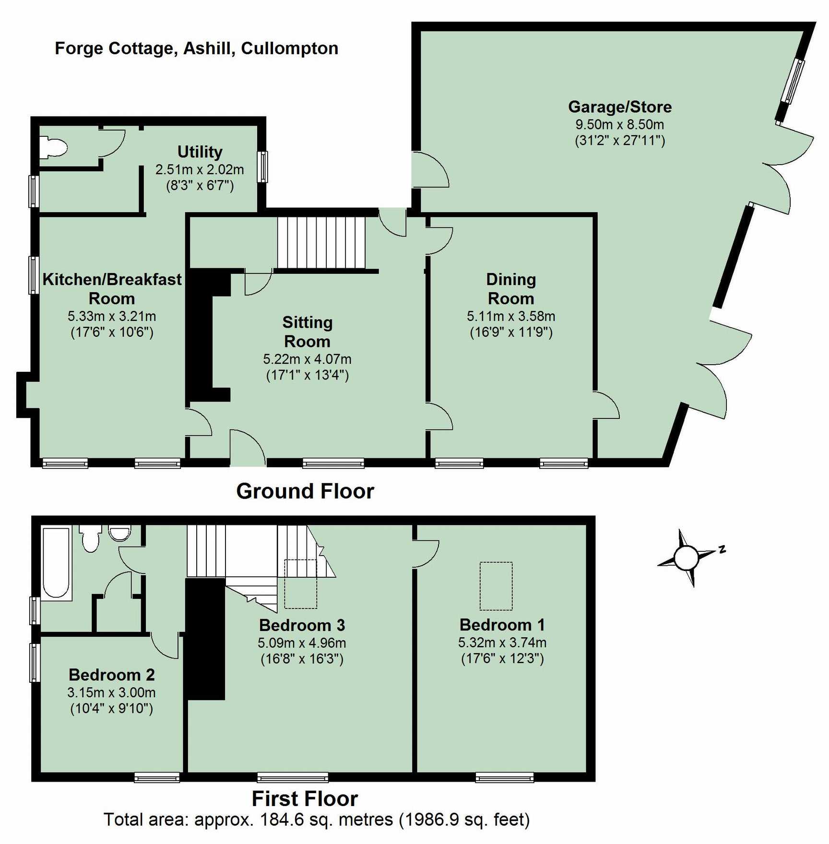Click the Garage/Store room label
point(620,107)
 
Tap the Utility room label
point(200,152)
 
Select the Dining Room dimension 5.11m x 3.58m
point(511,316)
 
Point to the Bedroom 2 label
point(112,675)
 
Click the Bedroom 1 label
point(502,625)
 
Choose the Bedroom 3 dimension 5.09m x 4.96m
point(302,642)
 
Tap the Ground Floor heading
point(305,491)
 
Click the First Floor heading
point(305,799)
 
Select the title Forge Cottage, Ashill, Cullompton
point(197,48)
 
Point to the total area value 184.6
point(282,820)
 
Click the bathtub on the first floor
point(57,563)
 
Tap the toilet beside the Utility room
point(53,147)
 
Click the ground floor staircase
point(321,242)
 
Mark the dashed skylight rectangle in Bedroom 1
point(496,586)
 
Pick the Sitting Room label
point(307,332)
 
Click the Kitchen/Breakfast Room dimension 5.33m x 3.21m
point(112,316)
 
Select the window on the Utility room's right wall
point(262,166)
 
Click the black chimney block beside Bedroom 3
point(205,639)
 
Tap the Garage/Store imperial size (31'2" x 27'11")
point(620,141)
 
